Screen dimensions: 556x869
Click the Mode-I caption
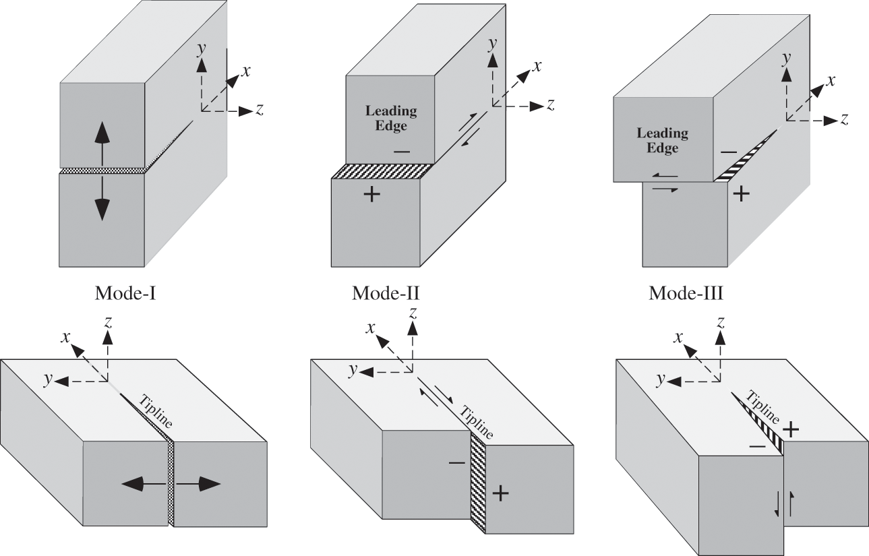click(x=126, y=294)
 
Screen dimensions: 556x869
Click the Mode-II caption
click(x=386, y=294)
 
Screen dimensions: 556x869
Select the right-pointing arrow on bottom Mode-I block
click(x=200, y=483)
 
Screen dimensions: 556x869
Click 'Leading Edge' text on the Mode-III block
click(x=662, y=140)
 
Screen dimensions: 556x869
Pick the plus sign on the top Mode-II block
click(x=371, y=195)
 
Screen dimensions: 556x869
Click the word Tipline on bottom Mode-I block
click(x=155, y=411)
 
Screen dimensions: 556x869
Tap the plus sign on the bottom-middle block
click(x=500, y=493)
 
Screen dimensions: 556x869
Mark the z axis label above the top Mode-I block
click(x=259, y=111)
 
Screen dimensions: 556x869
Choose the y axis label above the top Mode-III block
click(x=785, y=59)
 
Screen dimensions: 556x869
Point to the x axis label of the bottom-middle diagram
click(x=370, y=328)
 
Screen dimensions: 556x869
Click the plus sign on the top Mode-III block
click(x=741, y=195)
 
